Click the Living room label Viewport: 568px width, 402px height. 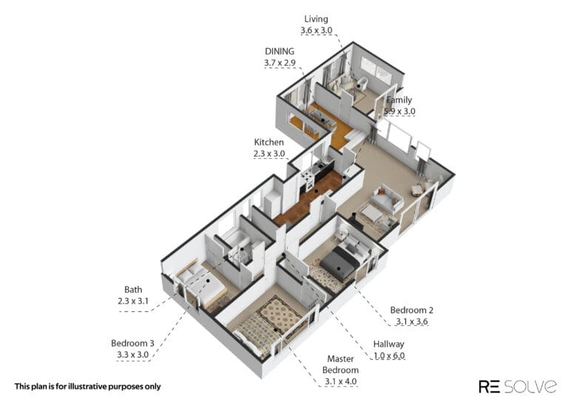(316, 19)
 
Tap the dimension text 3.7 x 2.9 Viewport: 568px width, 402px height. (280, 63)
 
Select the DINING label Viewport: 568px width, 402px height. (280, 52)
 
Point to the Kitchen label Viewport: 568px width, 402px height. (268, 142)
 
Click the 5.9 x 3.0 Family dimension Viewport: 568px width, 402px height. (399, 112)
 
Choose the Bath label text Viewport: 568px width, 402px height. (133, 290)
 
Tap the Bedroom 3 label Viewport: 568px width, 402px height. (132, 343)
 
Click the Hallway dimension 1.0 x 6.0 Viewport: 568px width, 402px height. (389, 355)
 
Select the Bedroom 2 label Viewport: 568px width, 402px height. (411, 310)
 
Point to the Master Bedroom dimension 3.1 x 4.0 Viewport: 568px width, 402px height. (340, 381)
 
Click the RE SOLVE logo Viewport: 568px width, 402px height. (518, 386)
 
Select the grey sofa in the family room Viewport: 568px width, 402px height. (388, 200)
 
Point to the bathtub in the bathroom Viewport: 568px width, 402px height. (236, 239)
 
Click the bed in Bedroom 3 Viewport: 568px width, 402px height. (202, 282)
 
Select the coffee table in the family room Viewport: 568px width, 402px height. (371, 214)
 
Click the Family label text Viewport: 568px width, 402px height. (399, 100)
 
